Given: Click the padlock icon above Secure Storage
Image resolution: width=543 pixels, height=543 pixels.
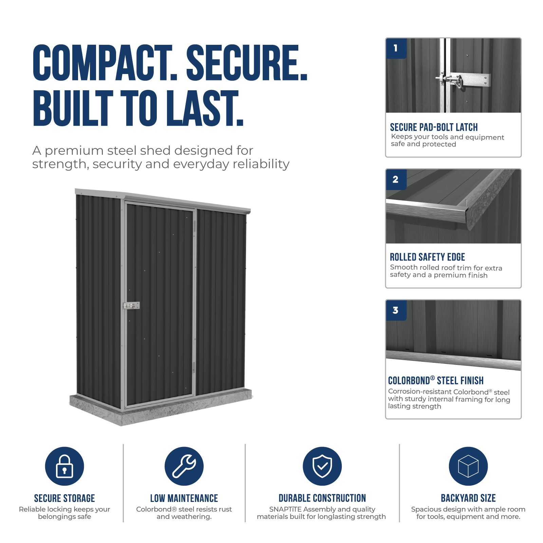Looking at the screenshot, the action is click(64, 466).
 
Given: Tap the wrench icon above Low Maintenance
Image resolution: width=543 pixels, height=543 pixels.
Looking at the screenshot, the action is click(184, 466).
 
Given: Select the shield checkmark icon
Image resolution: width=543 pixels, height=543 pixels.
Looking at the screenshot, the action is click(322, 466).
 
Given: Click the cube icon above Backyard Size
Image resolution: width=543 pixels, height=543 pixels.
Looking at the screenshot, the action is click(468, 466).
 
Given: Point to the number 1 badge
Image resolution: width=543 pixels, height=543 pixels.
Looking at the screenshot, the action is click(396, 49).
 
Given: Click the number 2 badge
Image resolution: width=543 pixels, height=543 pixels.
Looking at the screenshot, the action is click(396, 180).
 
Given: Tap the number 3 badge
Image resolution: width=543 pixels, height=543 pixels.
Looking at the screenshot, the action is click(396, 310).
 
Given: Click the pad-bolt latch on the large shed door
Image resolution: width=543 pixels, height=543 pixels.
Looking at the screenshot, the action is click(131, 306).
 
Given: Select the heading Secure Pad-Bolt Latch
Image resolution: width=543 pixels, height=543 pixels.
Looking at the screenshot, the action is click(434, 127).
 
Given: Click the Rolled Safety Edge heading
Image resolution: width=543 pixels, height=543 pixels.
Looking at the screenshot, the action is click(427, 257).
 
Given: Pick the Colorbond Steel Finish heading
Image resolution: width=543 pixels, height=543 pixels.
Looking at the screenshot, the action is click(436, 380).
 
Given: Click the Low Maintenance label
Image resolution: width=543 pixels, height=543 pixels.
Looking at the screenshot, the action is click(184, 498).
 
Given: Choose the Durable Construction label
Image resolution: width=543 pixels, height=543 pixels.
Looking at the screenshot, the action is click(322, 498).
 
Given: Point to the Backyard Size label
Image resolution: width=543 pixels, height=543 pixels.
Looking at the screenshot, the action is click(468, 498).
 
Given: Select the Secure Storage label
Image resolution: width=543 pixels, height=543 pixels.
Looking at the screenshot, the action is click(64, 498).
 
